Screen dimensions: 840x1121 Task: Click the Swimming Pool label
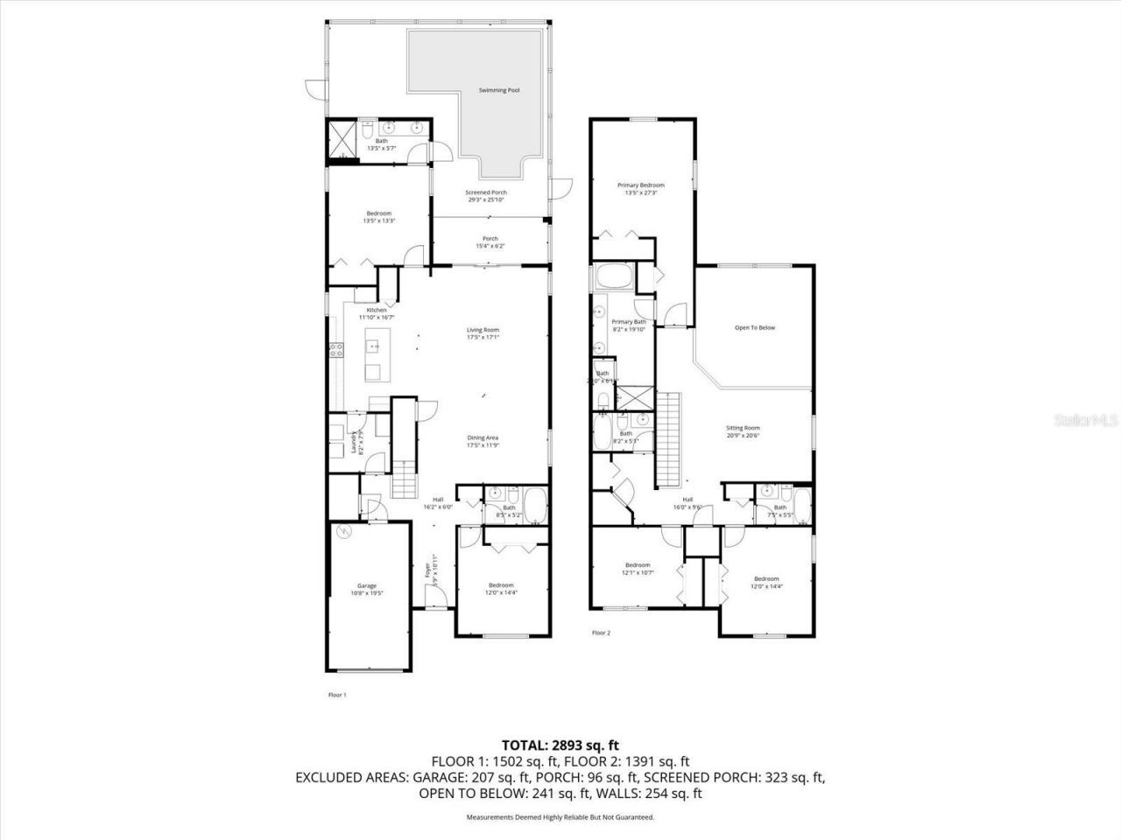[500, 90]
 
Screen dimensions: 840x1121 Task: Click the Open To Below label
[754, 328]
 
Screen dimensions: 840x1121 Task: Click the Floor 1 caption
[337, 695]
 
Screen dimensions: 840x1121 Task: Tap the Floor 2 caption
[601, 632]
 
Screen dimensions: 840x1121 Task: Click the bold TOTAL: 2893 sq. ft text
[560, 745]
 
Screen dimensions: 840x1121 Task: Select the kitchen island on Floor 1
[372, 358]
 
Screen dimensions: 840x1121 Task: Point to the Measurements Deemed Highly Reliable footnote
[560, 817]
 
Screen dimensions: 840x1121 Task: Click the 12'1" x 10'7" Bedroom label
[637, 569]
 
